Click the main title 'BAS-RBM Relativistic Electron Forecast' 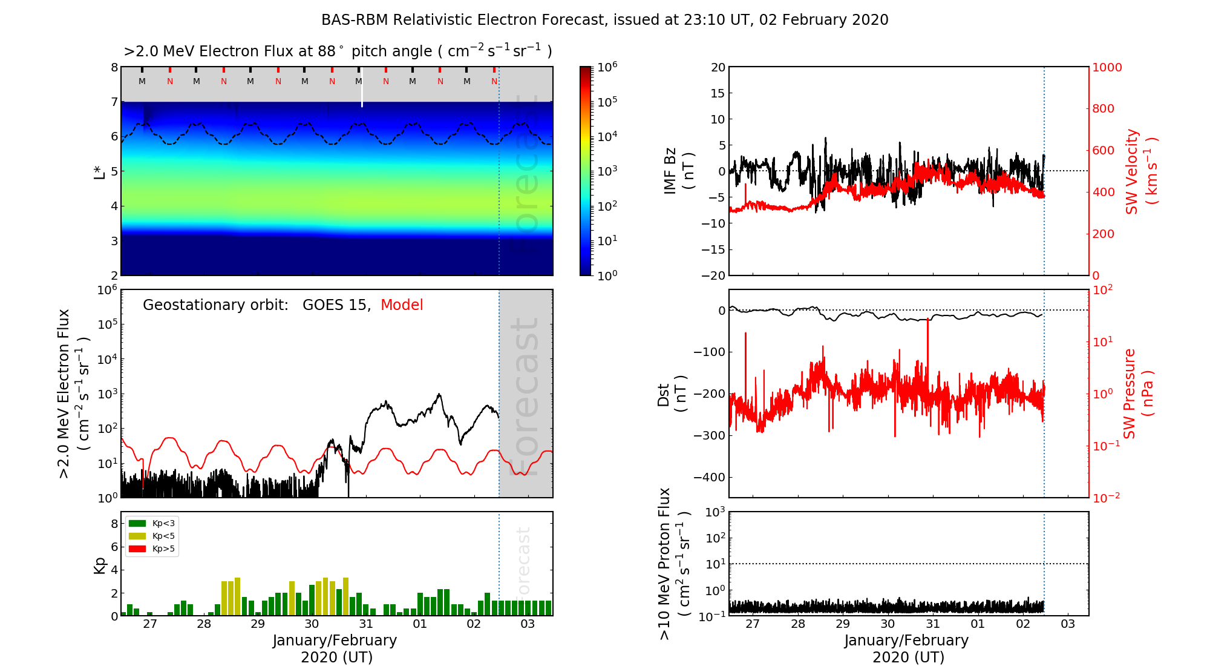[x=462, y=20]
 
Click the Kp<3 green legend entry [x=152, y=523]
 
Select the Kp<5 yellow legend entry [x=152, y=536]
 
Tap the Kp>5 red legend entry [x=152, y=549]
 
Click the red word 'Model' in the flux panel [x=402, y=305]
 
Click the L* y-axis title [x=100, y=171]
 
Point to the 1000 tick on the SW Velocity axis [x=1107, y=67]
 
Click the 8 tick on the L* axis [x=114, y=67]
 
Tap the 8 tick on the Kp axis [x=114, y=524]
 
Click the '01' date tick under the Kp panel [x=419, y=624]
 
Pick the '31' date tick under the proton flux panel [x=933, y=624]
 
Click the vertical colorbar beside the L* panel [x=586, y=171]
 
